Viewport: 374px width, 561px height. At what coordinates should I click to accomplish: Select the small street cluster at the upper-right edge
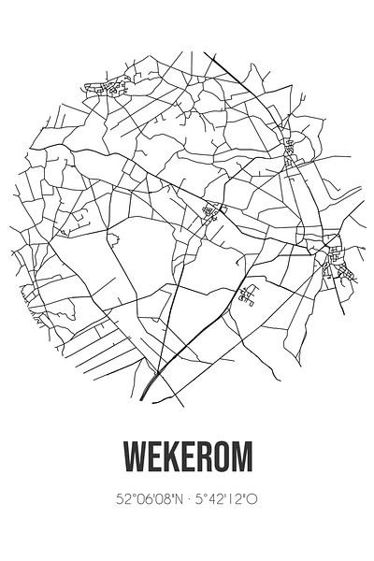[290, 147]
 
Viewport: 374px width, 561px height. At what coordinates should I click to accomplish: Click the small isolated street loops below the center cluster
[248, 295]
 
